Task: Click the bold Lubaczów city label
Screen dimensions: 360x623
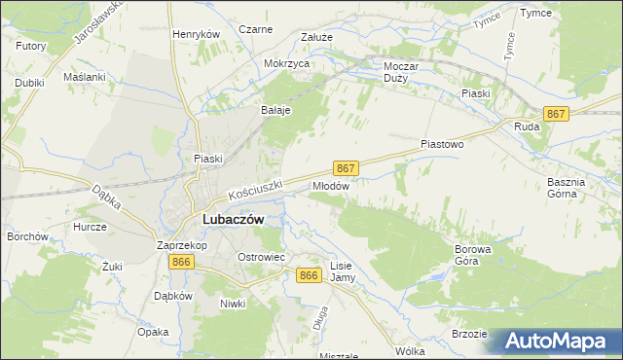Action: [233, 219]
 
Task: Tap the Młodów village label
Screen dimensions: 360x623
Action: [330, 184]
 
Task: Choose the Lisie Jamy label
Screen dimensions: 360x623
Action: [342, 271]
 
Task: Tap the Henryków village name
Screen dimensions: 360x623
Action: [197, 33]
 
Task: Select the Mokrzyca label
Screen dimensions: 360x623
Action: [286, 63]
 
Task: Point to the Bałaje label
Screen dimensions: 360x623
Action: [275, 110]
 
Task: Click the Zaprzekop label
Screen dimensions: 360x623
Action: [180, 246]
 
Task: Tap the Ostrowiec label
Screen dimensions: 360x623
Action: [261, 257]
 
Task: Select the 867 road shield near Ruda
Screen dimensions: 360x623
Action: [556, 114]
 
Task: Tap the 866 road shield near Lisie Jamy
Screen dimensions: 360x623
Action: [310, 276]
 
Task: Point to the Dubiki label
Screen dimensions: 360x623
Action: [30, 83]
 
